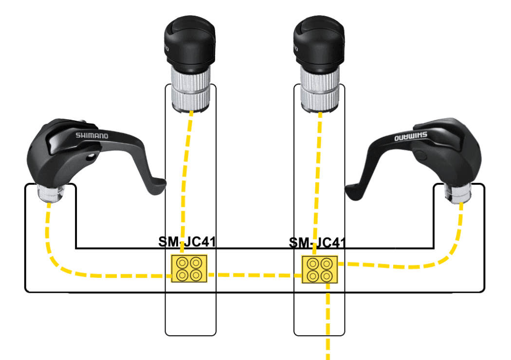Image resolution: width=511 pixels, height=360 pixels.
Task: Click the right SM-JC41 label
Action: pos(317,242)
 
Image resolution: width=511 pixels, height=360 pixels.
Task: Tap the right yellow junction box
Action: pos(320,269)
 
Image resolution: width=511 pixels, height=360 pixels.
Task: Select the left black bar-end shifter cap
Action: pos(188,41)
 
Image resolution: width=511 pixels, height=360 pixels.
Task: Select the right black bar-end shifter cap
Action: pos(319,41)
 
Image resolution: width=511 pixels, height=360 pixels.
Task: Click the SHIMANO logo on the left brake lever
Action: pos(92,135)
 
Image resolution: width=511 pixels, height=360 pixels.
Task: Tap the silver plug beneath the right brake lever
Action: pos(458,194)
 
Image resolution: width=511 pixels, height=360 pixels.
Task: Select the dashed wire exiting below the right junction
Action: pos(329,321)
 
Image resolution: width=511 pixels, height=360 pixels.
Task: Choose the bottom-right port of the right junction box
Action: pos(327,276)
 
